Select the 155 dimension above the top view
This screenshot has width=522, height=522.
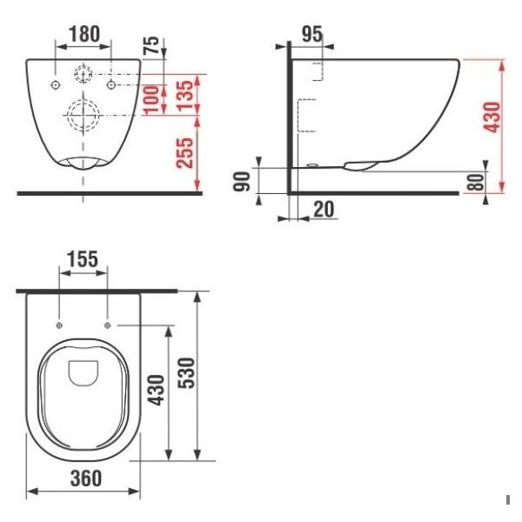[x=83, y=259]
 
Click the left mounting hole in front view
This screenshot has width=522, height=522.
[x=55, y=84]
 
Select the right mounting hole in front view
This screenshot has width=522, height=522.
[x=110, y=84]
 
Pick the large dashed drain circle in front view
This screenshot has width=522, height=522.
[x=83, y=115]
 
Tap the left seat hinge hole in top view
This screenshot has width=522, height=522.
[x=58, y=325]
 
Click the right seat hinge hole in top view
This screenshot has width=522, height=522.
[x=107, y=325]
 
